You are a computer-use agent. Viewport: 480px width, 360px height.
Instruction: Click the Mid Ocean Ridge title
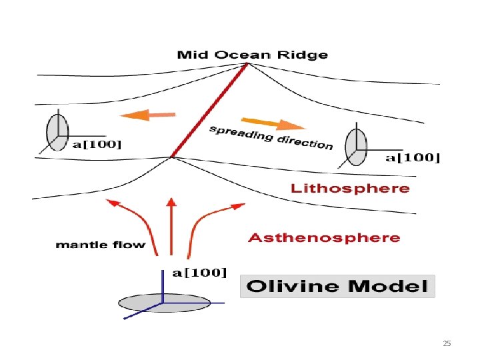(x=251, y=55)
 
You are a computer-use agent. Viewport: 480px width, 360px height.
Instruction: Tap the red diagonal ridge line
(x=210, y=110)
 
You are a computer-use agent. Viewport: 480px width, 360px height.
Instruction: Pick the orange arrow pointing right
(x=273, y=124)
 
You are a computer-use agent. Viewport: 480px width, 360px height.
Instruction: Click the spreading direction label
(x=271, y=137)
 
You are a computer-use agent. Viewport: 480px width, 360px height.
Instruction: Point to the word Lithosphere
(x=350, y=189)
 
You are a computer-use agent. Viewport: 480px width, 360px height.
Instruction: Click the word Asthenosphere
(x=324, y=238)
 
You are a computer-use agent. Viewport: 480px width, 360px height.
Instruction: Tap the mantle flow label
(x=100, y=245)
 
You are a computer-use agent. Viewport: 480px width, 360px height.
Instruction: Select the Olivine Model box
(x=337, y=287)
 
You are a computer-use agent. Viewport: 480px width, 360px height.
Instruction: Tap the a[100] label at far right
(x=413, y=158)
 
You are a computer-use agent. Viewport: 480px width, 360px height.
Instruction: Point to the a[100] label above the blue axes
(x=200, y=272)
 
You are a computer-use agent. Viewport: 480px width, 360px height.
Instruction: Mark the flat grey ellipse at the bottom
(x=164, y=303)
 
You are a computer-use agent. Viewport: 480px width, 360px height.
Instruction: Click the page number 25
(x=447, y=343)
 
